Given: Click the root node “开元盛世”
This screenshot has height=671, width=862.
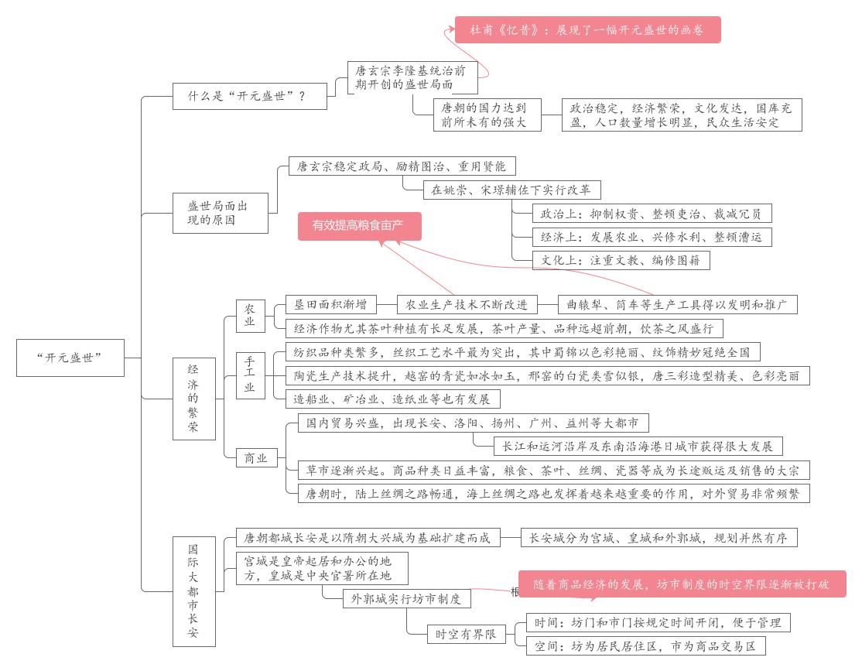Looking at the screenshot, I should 70,358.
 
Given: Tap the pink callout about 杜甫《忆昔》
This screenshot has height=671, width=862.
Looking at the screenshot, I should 587,30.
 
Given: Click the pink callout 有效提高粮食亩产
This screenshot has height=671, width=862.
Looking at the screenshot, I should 360,226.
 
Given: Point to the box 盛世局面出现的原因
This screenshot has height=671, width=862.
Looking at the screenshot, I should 220,212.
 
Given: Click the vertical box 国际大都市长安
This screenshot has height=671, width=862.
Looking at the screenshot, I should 193,591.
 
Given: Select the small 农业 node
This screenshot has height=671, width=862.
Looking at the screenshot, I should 250,315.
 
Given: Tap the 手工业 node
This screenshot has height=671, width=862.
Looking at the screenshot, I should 250,375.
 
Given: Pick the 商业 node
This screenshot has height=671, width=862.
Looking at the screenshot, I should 256,458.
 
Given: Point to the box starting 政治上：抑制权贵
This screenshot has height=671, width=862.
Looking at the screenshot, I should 652,214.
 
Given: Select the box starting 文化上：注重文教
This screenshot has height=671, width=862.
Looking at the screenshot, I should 621,261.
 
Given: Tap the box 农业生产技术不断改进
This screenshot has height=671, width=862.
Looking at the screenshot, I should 467,304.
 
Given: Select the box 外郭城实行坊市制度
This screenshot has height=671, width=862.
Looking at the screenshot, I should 406,598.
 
